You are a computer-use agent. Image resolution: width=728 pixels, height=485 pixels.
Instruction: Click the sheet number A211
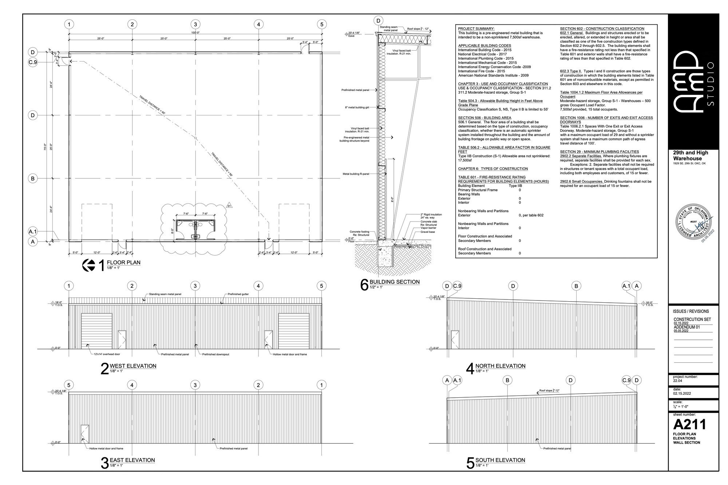coord(689,424)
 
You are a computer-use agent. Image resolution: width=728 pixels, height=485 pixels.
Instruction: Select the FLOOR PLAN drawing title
coord(123,262)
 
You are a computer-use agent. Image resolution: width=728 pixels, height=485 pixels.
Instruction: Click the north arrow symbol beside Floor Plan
coord(89,265)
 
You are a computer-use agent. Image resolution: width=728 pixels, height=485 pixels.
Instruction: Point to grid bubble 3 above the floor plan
coord(195,24)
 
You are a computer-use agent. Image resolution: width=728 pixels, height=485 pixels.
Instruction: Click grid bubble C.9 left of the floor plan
coord(33,62)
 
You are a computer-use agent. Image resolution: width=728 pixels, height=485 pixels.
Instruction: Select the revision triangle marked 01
coord(229,206)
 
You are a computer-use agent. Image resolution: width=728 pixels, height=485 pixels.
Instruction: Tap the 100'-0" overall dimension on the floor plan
coord(195,33)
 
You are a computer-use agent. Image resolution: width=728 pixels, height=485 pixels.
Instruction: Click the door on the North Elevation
coord(455,340)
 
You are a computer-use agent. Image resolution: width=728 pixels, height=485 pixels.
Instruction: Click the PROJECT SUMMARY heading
coord(476,29)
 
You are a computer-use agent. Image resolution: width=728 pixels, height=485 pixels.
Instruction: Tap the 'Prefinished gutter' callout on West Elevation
coord(238,294)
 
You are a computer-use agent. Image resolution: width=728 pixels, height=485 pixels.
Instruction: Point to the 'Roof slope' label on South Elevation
coord(549,390)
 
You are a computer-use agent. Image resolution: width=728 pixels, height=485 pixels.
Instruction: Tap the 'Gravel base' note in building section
coord(428,232)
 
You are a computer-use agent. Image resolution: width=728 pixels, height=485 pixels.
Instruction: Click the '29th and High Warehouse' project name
coord(690,155)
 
